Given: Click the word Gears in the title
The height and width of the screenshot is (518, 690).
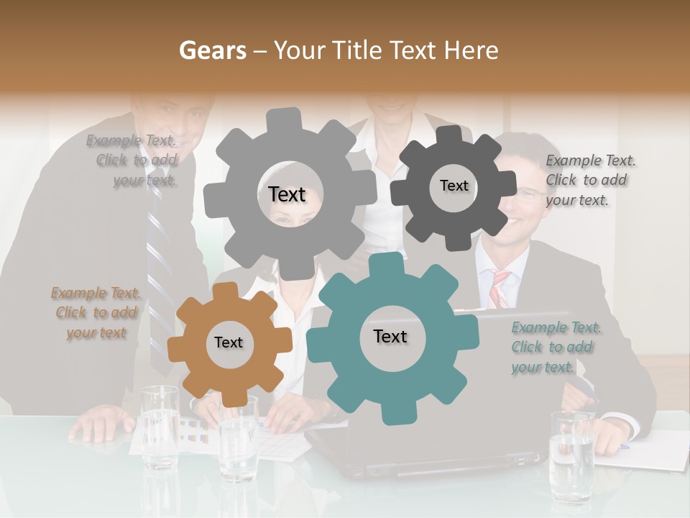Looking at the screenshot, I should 211,50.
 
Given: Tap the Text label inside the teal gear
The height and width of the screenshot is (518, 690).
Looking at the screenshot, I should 390,337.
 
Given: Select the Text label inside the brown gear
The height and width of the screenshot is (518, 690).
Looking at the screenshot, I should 229,343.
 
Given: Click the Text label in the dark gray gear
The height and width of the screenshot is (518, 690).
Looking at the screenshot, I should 454,186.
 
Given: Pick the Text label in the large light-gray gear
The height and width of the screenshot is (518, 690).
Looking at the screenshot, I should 287,194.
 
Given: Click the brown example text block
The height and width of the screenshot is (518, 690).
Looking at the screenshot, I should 96,313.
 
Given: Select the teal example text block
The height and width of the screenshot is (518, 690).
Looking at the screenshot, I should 556,347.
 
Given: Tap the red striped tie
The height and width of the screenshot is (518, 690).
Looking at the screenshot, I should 499,288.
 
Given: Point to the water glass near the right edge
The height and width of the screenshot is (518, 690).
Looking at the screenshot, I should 572,456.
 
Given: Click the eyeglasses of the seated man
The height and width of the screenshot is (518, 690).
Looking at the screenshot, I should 530,192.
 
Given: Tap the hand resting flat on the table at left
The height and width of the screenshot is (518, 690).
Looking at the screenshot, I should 97,428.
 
